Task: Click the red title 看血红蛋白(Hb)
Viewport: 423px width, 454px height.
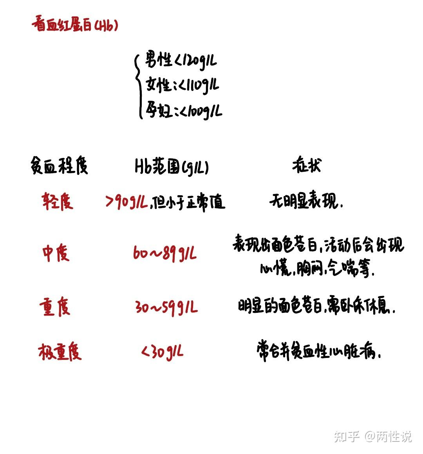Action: tap(74, 25)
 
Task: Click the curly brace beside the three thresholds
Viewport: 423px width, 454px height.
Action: tap(137, 85)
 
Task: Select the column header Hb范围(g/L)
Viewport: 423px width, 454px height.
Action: tap(172, 167)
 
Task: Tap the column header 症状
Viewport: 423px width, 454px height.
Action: tap(306, 165)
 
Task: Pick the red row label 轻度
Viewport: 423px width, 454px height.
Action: tap(58, 202)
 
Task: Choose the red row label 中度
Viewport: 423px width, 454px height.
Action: tap(56, 253)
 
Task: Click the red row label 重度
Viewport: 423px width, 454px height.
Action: tap(55, 307)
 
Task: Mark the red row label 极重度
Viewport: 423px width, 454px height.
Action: tap(60, 351)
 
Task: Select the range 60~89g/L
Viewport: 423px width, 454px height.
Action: tap(164, 254)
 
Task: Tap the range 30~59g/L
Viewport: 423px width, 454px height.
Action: tap(166, 307)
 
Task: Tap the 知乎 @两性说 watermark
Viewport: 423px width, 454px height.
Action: tap(372, 436)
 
